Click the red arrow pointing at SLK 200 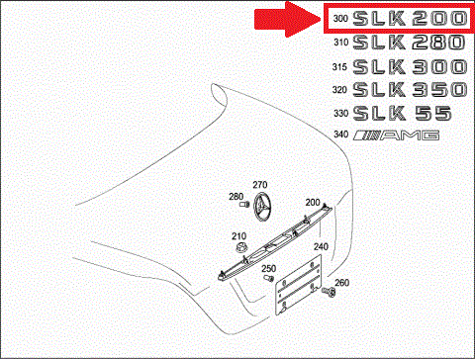pyautogui.click(x=287, y=19)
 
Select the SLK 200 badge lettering pyautogui.click(x=410, y=18)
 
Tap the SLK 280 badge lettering pyautogui.click(x=410, y=43)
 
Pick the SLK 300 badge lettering pyautogui.click(x=410, y=67)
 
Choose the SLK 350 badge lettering pyautogui.click(x=410, y=90)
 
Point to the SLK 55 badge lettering pyautogui.click(x=402, y=113)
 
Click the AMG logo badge pyautogui.click(x=396, y=135)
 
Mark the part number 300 pyautogui.click(x=340, y=18)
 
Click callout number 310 pyautogui.click(x=340, y=43)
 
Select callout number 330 pyautogui.click(x=340, y=113)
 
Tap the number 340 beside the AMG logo pyautogui.click(x=340, y=135)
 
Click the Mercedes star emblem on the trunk pyautogui.click(x=262, y=205)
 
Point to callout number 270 pyautogui.click(x=260, y=185)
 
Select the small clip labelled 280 pyautogui.click(x=244, y=205)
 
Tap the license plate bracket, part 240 pyautogui.click(x=299, y=286)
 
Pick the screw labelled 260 pyautogui.click(x=329, y=291)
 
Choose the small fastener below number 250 pyautogui.click(x=269, y=278)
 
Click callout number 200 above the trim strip pyautogui.click(x=313, y=202)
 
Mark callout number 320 pyautogui.click(x=339, y=90)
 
